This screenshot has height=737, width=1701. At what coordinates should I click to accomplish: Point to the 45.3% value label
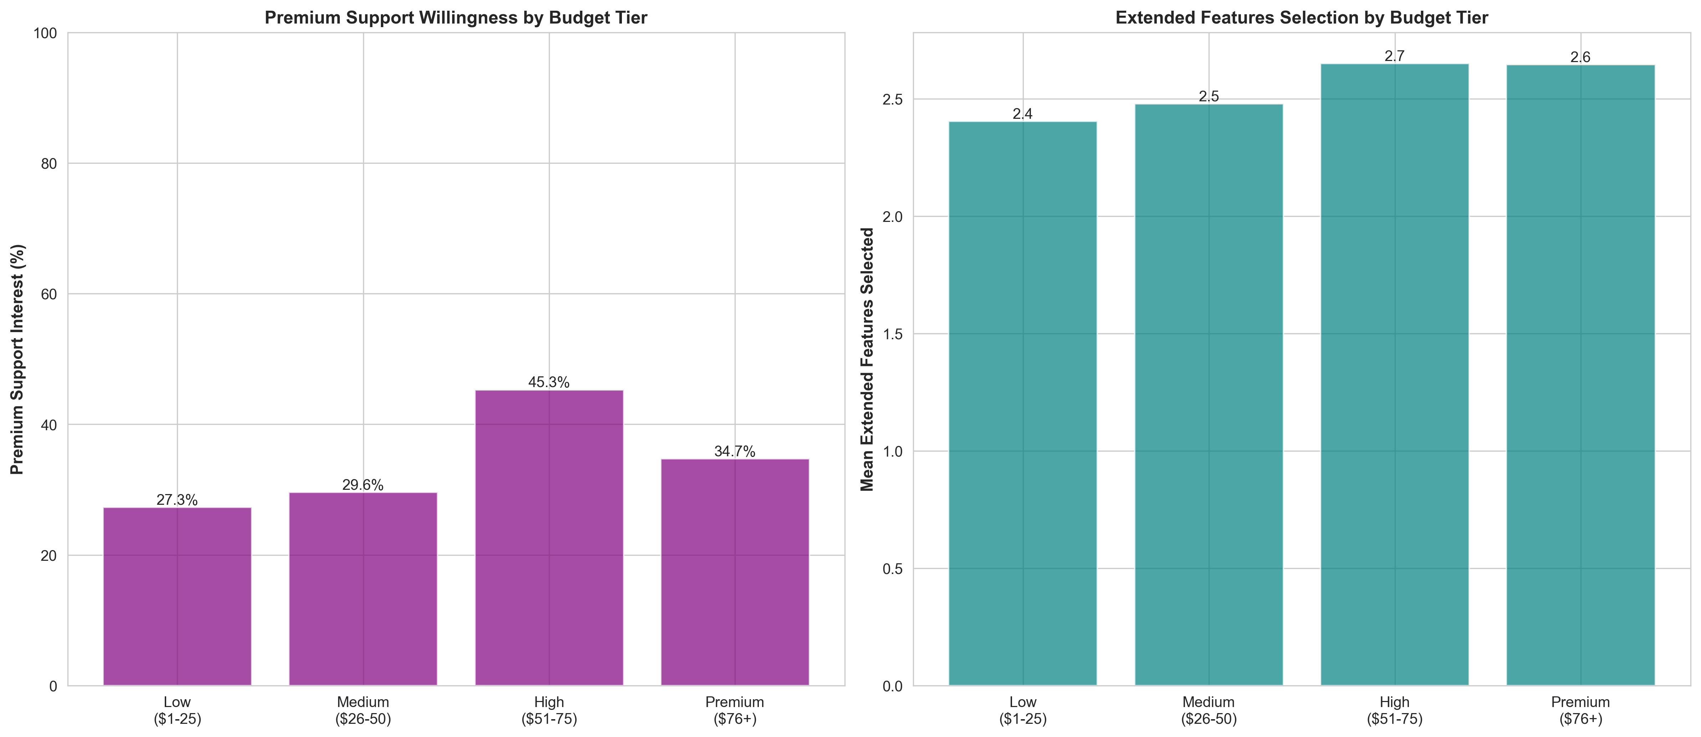549,382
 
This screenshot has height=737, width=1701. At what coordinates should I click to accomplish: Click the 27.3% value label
177,500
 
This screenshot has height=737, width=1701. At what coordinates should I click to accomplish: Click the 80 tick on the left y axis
49,164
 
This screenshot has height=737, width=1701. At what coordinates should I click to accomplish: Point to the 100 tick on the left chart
45,33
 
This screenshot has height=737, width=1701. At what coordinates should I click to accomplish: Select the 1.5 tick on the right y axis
893,334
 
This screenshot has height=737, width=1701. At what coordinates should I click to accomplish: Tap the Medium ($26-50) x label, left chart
363,710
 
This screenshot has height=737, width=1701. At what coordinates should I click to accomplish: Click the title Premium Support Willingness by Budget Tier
456,18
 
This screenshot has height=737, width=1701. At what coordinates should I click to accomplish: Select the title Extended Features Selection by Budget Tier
1302,18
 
